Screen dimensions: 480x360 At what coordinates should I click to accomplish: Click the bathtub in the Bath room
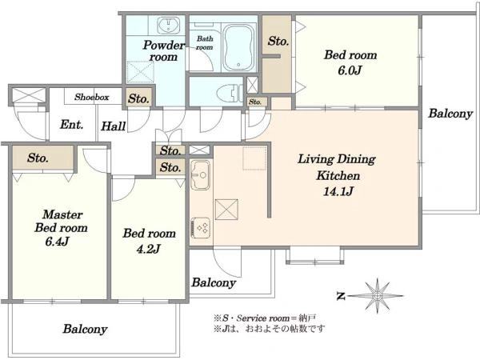click(x=239, y=47)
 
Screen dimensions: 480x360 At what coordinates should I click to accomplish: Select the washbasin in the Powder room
click(x=169, y=25)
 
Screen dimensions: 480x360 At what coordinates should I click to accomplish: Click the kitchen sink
click(x=200, y=174)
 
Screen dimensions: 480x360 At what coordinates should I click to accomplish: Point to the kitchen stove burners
click(x=201, y=227)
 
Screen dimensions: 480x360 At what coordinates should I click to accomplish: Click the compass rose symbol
click(x=378, y=296)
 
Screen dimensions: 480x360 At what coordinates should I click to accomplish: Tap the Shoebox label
click(x=91, y=97)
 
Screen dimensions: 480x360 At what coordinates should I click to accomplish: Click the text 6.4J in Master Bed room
click(x=57, y=242)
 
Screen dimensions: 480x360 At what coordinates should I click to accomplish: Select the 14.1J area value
click(x=338, y=192)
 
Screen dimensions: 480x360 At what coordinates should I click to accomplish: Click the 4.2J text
click(x=149, y=249)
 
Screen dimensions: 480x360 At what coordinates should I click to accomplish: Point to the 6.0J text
click(x=350, y=70)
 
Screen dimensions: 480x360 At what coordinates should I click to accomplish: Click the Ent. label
click(x=72, y=125)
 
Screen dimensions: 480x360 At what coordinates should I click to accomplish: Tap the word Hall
click(x=114, y=126)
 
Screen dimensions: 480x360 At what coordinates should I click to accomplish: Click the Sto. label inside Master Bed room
click(x=38, y=158)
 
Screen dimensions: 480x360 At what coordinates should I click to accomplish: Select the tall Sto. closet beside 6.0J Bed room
click(x=277, y=54)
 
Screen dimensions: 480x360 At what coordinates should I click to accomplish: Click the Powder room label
click(x=164, y=51)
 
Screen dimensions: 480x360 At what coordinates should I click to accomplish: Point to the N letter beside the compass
click(x=341, y=296)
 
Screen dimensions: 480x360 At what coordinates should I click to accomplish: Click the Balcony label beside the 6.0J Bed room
click(x=450, y=114)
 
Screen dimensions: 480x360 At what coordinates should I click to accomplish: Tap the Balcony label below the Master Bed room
click(x=85, y=329)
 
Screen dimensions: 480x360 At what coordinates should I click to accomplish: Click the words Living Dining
click(x=337, y=159)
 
